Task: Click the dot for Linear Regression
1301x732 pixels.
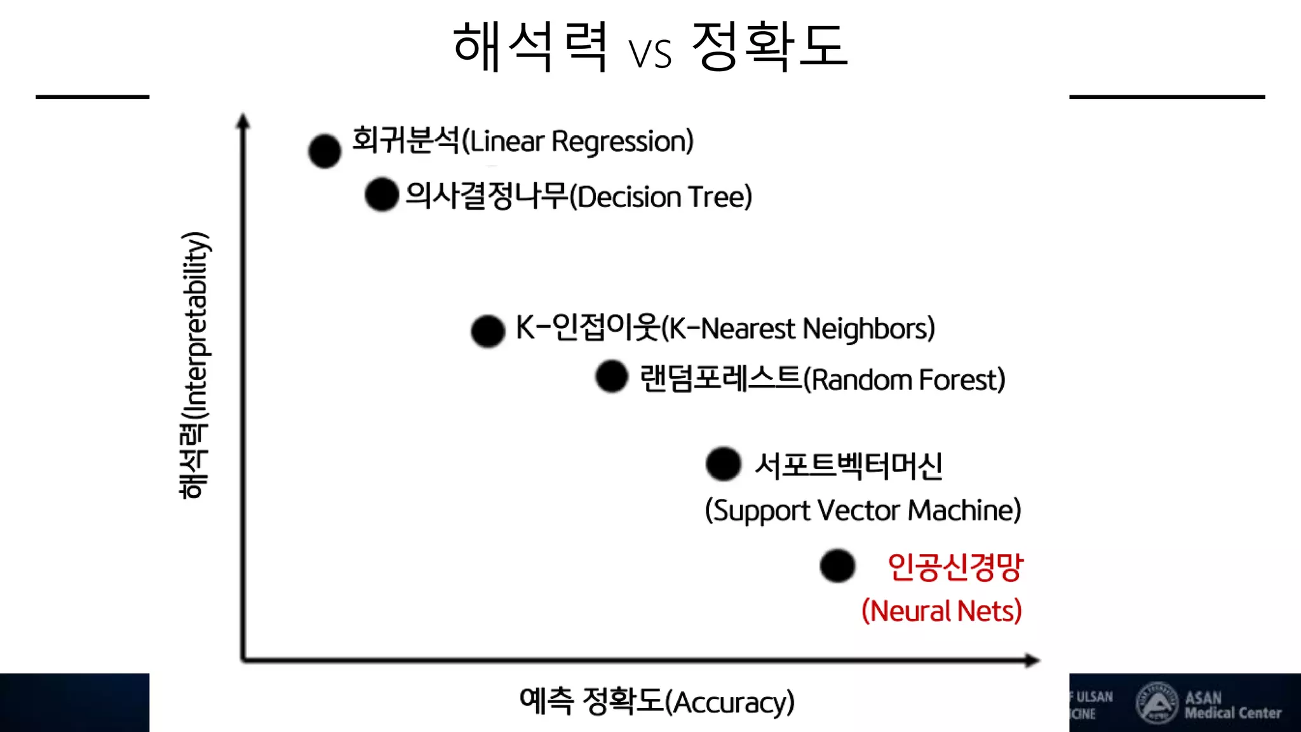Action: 325,151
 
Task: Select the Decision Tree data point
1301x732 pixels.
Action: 382,194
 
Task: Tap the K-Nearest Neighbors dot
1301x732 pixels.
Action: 488,330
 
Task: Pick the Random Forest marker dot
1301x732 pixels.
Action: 612,376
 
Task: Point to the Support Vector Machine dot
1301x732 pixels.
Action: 723,464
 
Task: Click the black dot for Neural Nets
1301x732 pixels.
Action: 837,566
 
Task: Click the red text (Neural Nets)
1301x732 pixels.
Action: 941,611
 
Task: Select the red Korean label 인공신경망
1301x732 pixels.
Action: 955,567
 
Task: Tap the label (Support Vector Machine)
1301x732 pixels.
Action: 863,511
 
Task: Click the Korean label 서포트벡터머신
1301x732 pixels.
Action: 849,466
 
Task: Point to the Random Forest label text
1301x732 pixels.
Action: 822,379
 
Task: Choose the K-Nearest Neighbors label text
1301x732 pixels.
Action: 725,329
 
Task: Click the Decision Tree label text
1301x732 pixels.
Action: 579,196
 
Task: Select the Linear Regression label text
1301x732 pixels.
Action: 523,140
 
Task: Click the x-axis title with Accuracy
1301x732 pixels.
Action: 657,701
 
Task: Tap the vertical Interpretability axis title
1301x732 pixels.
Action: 194,365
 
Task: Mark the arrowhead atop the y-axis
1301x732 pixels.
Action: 243,121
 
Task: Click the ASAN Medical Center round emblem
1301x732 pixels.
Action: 1157,703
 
